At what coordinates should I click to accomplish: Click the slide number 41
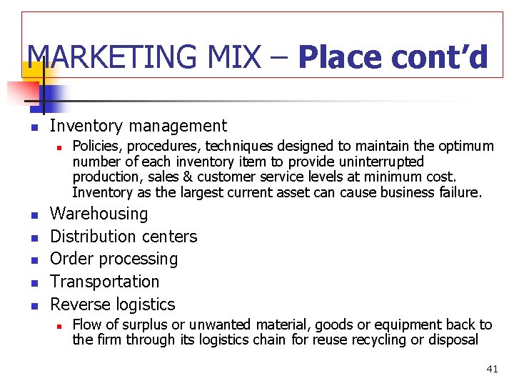(x=492, y=369)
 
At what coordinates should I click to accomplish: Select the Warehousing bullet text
(x=99, y=214)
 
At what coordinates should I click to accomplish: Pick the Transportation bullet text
(x=105, y=282)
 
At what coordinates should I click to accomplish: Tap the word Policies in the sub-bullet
(x=95, y=147)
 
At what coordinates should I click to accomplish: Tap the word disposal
(x=453, y=340)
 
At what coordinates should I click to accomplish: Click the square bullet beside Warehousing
(x=33, y=214)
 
